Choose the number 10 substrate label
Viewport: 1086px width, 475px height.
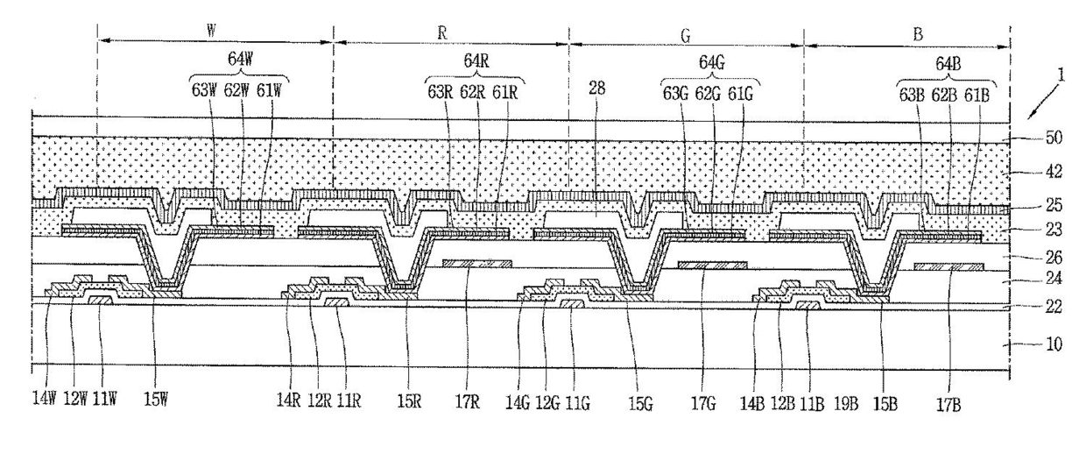(x=1054, y=344)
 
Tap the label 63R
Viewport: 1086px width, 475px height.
(x=440, y=89)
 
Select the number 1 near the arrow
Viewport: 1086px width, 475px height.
(x=1061, y=77)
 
